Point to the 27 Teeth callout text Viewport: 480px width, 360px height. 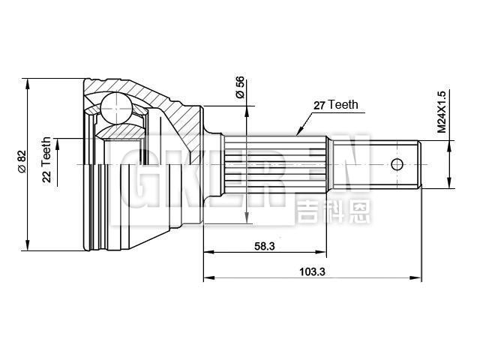coord(335,105)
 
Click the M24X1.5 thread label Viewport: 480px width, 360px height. coord(442,112)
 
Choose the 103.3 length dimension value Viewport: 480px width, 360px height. coord(310,271)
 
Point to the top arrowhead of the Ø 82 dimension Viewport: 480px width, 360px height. coord(28,81)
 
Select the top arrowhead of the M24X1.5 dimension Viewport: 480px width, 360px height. coord(448,140)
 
